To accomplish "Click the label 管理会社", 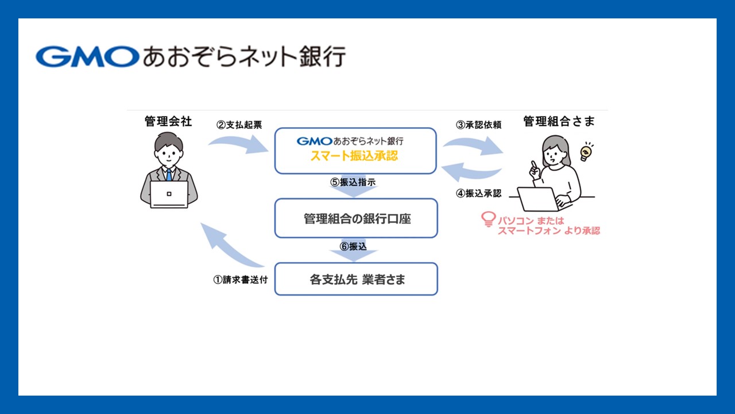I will pos(168,121).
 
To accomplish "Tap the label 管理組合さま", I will pos(559,121).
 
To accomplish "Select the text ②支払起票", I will pos(239,124).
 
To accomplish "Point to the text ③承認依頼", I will pos(479,124).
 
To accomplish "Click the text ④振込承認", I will pos(479,194).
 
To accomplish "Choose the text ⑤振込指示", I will pos(353,182).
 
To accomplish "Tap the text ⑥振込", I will pos(353,246).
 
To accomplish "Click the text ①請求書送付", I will pos(241,281).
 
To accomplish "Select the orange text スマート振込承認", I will pos(354,155).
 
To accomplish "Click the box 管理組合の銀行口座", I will pos(356,218).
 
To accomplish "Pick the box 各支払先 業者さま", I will pos(356,279).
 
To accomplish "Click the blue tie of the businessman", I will pos(169,174).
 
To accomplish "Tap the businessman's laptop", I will pos(169,194).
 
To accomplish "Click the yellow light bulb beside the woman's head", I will pos(585,152).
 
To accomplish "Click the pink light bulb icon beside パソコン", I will pos(488,220).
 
